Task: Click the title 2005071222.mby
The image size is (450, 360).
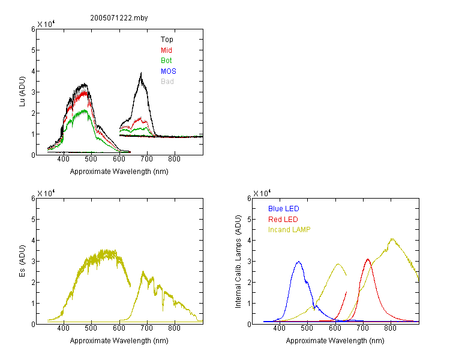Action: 119,18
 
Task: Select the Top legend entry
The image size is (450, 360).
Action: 167,40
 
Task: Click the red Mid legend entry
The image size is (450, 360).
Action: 166,50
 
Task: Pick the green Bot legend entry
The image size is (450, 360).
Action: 166,61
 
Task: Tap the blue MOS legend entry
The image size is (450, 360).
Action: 168,71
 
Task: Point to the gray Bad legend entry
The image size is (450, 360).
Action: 167,82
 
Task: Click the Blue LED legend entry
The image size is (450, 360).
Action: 284,209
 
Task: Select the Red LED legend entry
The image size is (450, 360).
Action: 283,220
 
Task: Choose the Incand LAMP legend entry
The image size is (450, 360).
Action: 289,230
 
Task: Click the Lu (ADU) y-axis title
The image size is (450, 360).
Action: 22,92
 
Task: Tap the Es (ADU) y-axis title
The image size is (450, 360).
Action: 22,261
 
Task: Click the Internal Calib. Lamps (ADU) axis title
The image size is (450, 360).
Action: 238,262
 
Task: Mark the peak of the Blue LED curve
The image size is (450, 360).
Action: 299,262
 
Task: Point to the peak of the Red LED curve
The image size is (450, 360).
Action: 368,259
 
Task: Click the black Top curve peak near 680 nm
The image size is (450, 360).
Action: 141,73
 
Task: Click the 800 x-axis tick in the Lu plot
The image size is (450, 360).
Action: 174,159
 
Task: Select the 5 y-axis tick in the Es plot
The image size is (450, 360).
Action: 33,220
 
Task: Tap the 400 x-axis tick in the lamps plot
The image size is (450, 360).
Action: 280,328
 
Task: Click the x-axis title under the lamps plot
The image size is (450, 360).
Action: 335,341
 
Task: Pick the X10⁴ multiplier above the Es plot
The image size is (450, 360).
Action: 46,193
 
